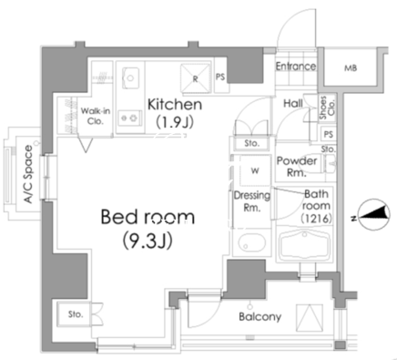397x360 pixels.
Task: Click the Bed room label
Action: (148, 217)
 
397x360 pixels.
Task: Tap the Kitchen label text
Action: (175, 105)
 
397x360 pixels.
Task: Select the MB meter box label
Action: (351, 68)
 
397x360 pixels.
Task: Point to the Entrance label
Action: (296, 67)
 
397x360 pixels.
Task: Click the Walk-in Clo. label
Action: (95, 116)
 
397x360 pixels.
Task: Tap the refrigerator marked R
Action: (196, 77)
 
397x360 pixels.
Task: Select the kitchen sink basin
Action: (130, 77)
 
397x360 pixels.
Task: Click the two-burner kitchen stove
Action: (129, 118)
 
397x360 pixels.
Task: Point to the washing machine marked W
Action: (255, 170)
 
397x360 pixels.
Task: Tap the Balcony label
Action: (260, 317)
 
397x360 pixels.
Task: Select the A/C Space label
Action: (28, 174)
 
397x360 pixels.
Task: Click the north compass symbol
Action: (374, 214)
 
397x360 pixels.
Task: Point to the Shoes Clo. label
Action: (327, 108)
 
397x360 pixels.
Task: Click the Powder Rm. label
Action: (297, 167)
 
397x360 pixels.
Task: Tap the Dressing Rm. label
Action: (252, 201)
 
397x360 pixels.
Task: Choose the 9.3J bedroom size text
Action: (148, 241)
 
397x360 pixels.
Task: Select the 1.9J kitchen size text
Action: (175, 122)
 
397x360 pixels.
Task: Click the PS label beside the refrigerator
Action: (220, 77)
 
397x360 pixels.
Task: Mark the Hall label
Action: (293, 104)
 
